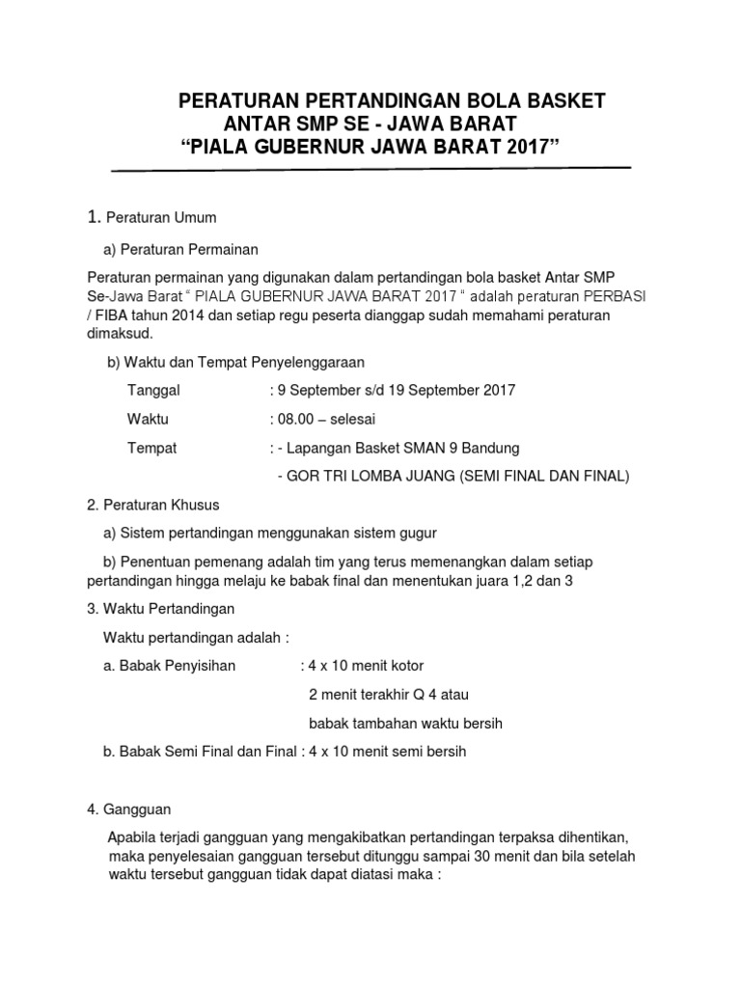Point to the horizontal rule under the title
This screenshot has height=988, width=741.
click(x=371, y=170)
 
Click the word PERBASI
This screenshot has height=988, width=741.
click(x=618, y=297)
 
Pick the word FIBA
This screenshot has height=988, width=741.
click(x=118, y=316)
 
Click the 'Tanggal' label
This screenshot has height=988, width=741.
click(x=153, y=391)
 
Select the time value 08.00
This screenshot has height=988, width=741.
click(x=299, y=420)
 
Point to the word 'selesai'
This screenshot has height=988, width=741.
click(x=354, y=420)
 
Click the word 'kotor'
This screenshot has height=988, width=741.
click(x=404, y=666)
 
